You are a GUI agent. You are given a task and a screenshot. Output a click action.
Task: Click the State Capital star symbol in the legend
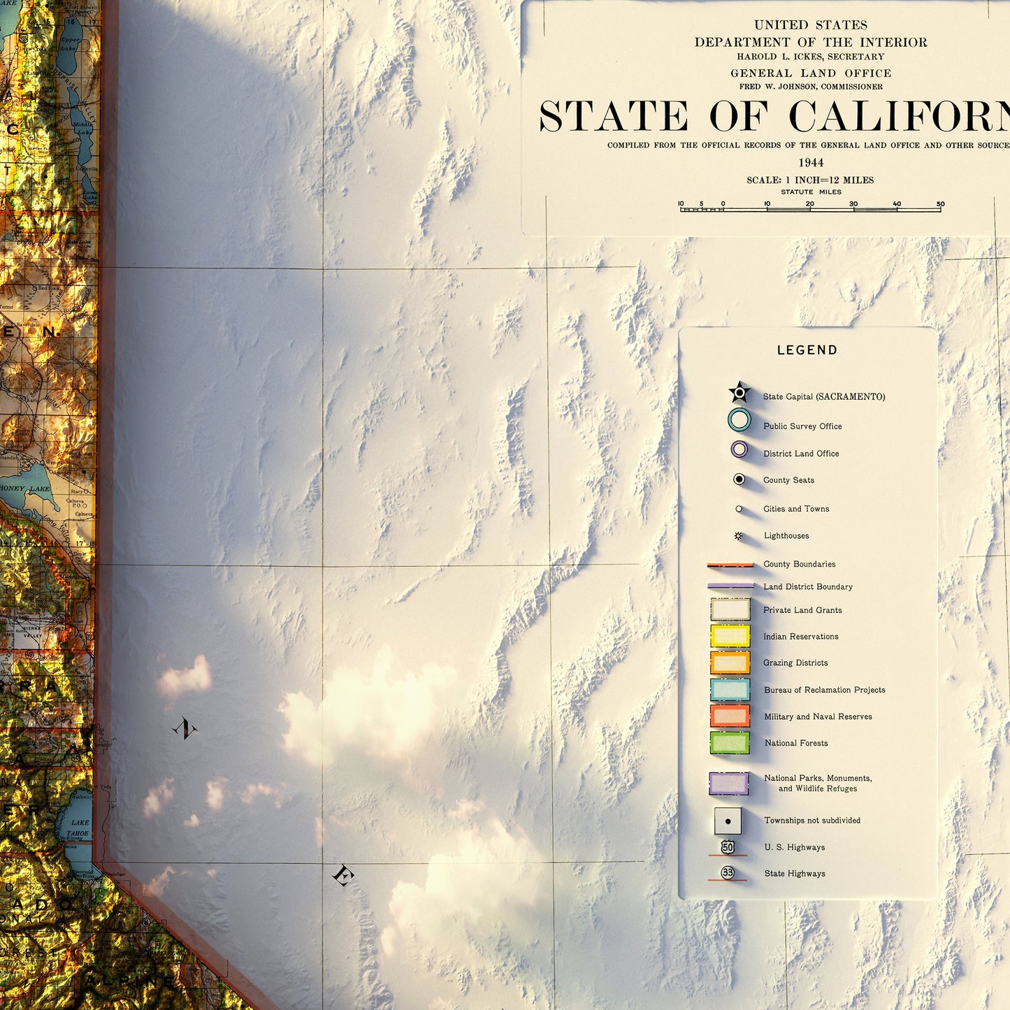pos(739,393)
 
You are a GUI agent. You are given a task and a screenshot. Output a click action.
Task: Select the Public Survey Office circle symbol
pos(739,420)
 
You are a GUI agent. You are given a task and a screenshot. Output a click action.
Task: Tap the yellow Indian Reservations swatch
pos(730,636)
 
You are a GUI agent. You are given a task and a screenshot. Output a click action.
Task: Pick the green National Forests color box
pos(730,742)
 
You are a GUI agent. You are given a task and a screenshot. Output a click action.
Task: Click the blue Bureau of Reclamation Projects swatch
pos(730,689)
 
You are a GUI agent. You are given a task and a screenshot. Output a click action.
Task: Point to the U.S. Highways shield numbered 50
pos(728,847)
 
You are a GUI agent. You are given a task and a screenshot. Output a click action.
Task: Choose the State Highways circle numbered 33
pos(728,873)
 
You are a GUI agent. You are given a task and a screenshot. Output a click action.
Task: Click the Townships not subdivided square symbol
pos(728,821)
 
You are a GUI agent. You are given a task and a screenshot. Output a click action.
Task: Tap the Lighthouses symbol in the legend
pos(738,536)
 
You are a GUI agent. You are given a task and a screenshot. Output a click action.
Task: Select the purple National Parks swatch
pos(729,784)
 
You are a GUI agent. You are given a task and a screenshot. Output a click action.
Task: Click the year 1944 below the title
pos(811,163)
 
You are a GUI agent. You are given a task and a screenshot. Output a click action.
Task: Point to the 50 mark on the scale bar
pos(940,205)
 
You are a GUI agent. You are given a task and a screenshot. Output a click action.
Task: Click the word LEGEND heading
pos(807,350)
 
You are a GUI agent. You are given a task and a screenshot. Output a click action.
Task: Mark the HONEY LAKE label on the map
pos(26,489)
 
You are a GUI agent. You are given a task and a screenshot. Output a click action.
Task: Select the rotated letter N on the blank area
pos(185,729)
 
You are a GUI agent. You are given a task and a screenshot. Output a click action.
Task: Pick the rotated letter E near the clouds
pos(342,875)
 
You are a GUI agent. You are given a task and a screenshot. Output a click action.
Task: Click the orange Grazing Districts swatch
pos(730,663)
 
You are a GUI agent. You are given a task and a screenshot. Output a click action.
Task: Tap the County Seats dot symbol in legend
pos(739,479)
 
